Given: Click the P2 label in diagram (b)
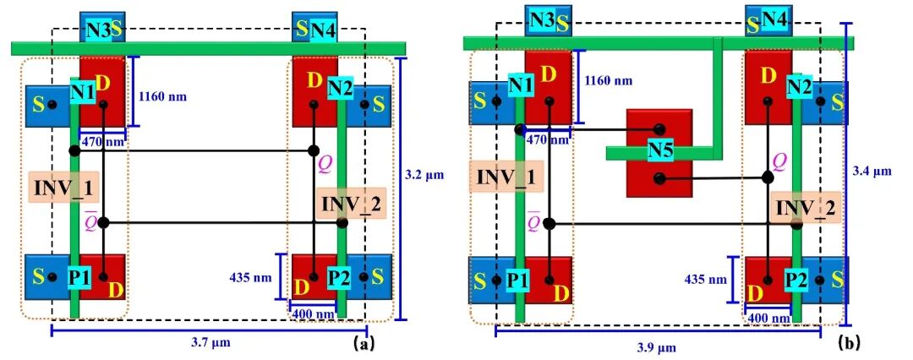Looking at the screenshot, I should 795,277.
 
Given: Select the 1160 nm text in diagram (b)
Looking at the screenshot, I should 609,81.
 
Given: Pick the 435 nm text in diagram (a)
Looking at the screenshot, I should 252,275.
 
